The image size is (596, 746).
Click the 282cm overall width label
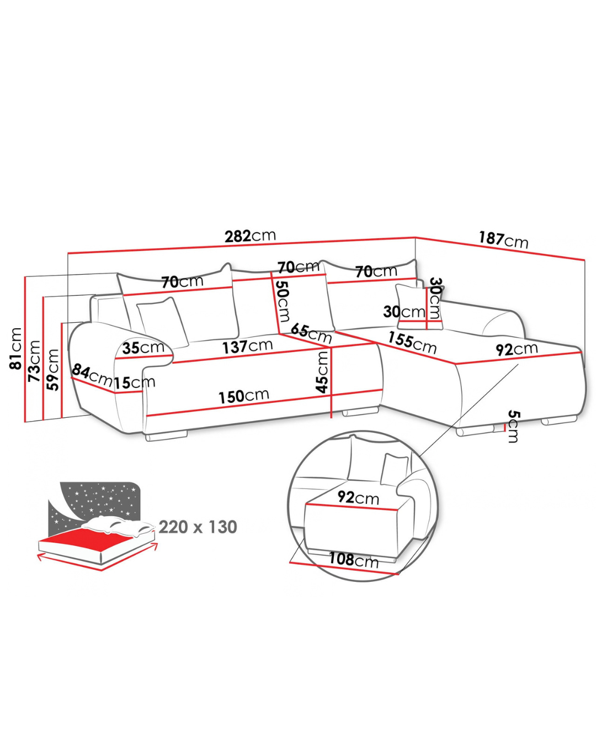coord(250,236)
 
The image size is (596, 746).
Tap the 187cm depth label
coord(503,239)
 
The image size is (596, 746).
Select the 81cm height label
coord(16,348)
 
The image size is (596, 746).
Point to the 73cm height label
coord(34,360)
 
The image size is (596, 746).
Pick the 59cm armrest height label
coord(52,370)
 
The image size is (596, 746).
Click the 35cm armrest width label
coord(143,348)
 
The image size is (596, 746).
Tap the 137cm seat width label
coord(247,346)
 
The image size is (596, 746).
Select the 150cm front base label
coord(244,396)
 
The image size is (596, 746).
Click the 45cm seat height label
coord(322,371)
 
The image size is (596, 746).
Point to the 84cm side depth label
coord(92,375)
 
